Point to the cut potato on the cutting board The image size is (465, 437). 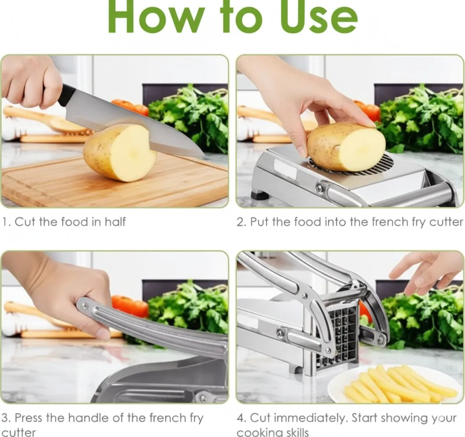point(120,152)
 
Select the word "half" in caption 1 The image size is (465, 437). point(115,222)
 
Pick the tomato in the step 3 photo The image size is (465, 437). point(129,306)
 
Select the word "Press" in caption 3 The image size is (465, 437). point(29,418)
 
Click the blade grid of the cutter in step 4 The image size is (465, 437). point(338,337)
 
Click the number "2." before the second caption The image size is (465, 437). point(242,222)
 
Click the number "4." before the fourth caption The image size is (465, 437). point(242,418)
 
